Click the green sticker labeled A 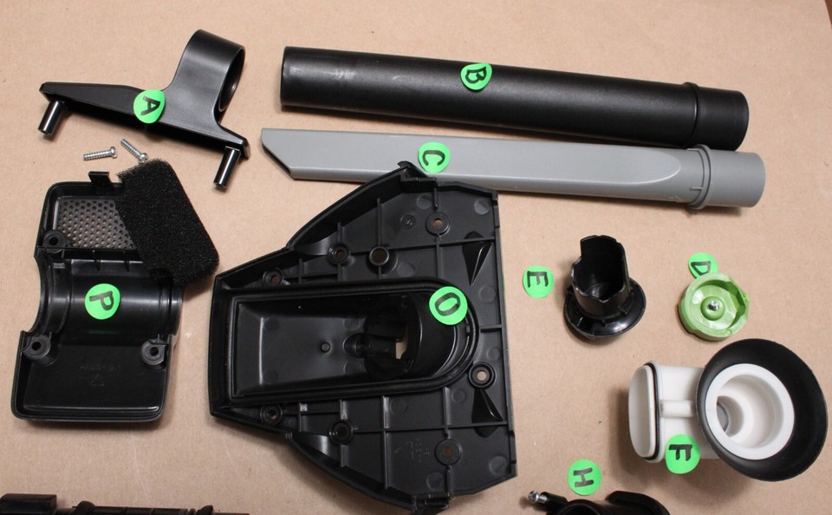(x=148, y=106)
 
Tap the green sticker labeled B (x=476, y=76)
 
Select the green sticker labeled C (x=434, y=158)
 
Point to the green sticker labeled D (x=703, y=265)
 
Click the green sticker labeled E (x=538, y=282)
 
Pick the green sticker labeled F (x=682, y=454)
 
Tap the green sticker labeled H (x=585, y=478)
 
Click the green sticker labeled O (x=448, y=305)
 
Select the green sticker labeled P (x=102, y=301)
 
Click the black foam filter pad (x=167, y=223)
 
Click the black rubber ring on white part (x=762, y=409)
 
